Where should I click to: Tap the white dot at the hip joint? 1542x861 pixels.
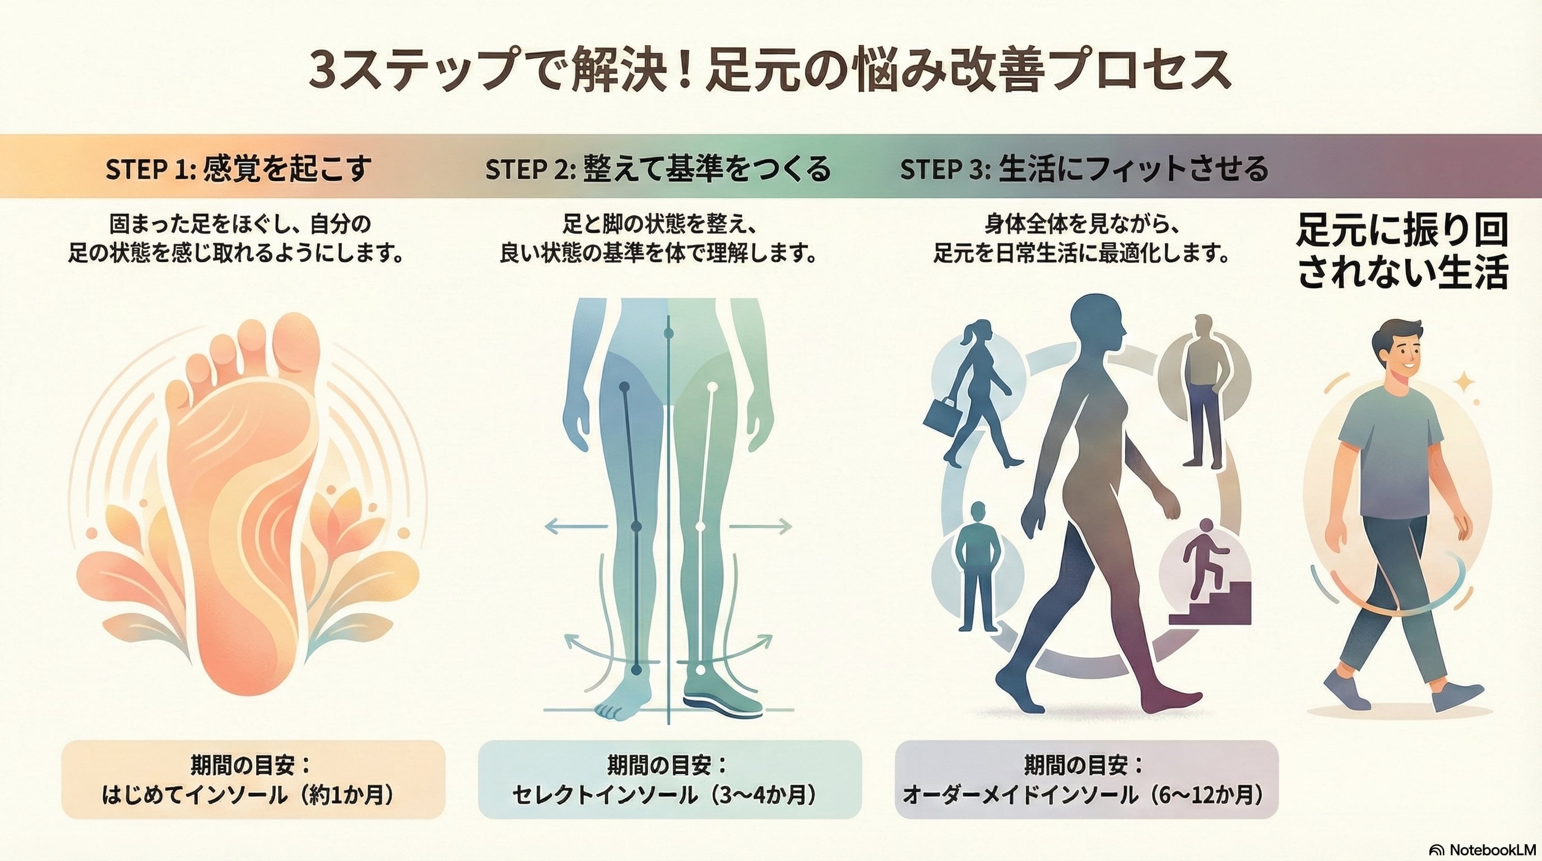tap(712, 387)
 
